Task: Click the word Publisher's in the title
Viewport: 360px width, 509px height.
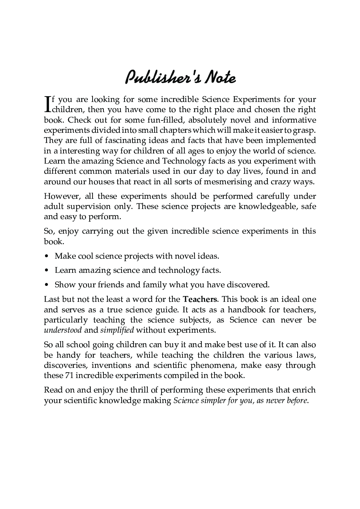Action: [162, 77]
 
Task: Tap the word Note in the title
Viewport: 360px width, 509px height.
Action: [220, 77]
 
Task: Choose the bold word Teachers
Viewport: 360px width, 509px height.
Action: [200, 299]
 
